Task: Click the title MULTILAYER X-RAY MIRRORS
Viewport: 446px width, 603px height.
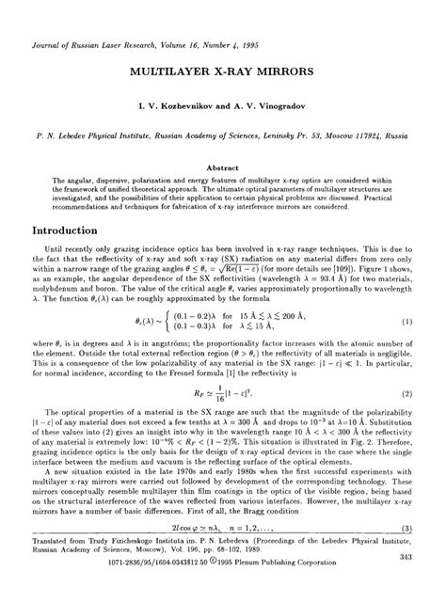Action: click(x=222, y=71)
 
